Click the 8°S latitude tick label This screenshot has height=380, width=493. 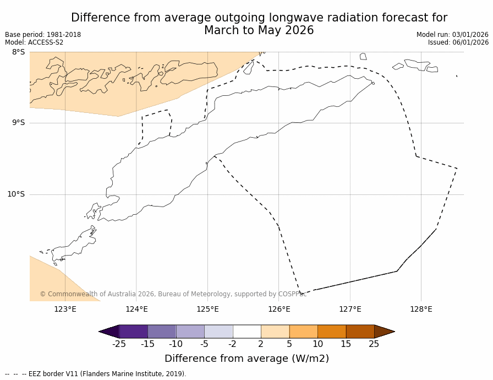pyautogui.click(x=18, y=52)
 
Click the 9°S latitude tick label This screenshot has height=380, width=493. pyautogui.click(x=18, y=123)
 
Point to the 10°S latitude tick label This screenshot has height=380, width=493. pyautogui.click(x=16, y=194)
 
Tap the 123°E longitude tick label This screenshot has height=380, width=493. pyautogui.click(x=65, y=309)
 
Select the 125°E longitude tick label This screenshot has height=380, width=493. pyautogui.click(x=207, y=309)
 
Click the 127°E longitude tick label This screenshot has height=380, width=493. pyautogui.click(x=350, y=309)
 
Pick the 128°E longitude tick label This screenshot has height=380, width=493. pyautogui.click(x=421, y=309)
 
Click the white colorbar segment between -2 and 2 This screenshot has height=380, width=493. pyautogui.click(x=246, y=332)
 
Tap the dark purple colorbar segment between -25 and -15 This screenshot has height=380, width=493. pyautogui.click(x=133, y=332)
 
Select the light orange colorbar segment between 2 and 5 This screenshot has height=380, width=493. pyautogui.click(x=275, y=332)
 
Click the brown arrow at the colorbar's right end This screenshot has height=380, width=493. pyautogui.click(x=384, y=332)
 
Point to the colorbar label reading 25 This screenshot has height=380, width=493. pyautogui.click(x=374, y=344)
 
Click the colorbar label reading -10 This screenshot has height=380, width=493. pyautogui.click(x=176, y=344)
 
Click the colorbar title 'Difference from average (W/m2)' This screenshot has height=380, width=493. pyautogui.click(x=246, y=359)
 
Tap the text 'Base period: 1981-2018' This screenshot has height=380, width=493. pyautogui.click(x=43, y=35)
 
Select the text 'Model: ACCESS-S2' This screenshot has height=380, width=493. pyautogui.click(x=34, y=42)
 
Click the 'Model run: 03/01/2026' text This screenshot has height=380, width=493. pyautogui.click(x=452, y=35)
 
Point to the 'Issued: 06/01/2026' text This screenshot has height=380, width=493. pyautogui.click(x=458, y=42)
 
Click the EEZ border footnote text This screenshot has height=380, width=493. pyautogui.click(x=96, y=374)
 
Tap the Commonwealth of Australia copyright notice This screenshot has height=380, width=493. pyautogui.click(x=173, y=294)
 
